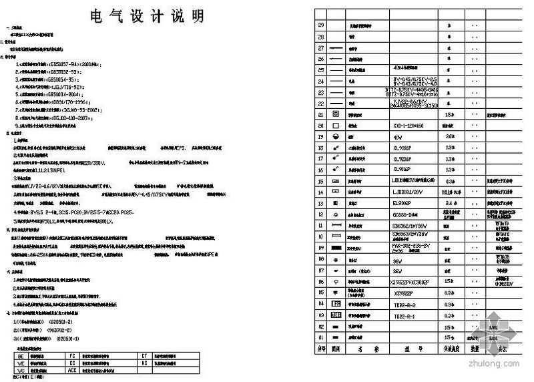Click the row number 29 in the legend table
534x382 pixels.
click(320, 25)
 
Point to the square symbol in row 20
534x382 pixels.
click(336, 125)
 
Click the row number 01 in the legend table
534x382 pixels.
click(320, 338)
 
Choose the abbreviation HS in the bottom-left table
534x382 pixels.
click(143, 363)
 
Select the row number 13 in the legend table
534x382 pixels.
click(320, 192)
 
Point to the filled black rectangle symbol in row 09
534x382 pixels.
click(336, 248)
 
